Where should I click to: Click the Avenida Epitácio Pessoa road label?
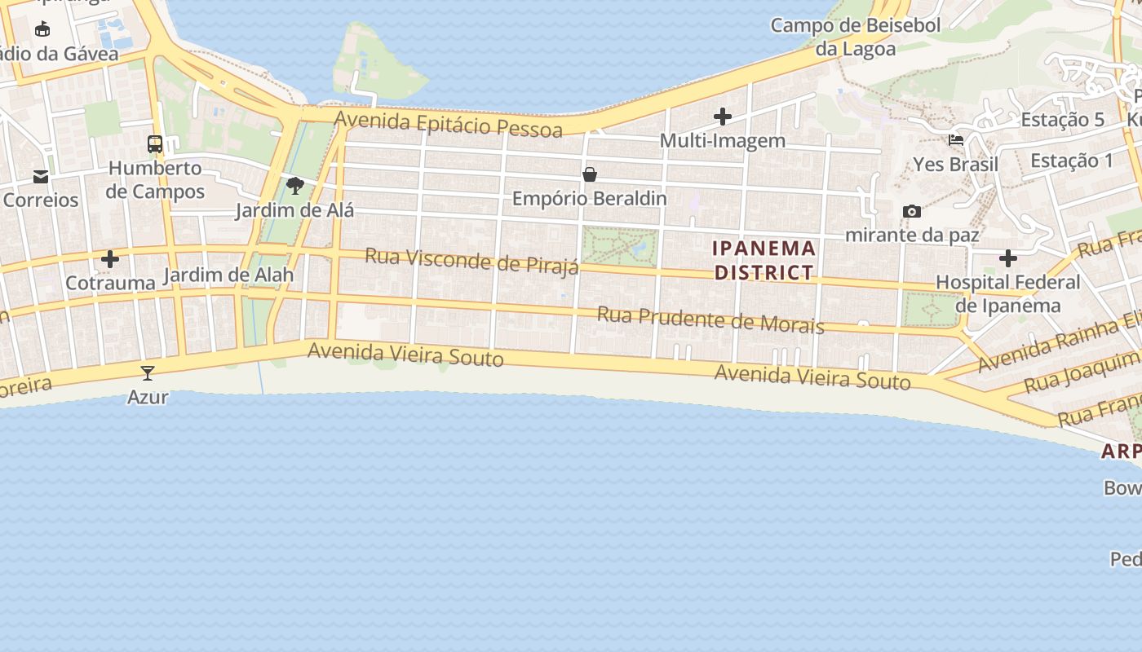click(448, 125)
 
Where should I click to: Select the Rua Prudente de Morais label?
click(710, 319)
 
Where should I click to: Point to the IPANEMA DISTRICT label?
click(764, 260)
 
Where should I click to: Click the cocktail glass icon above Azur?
click(148, 373)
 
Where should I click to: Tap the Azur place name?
click(148, 397)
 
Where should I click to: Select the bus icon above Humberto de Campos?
click(155, 145)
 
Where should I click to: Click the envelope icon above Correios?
click(41, 177)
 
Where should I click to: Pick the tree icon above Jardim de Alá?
click(295, 186)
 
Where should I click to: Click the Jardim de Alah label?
click(228, 275)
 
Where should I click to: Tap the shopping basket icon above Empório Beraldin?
click(590, 174)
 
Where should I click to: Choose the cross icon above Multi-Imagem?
click(723, 117)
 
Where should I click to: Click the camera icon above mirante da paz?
click(912, 212)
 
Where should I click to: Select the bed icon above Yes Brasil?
click(956, 140)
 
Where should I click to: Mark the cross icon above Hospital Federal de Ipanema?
click(1008, 259)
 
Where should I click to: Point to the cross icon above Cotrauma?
click(110, 260)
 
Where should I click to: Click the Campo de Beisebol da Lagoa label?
click(856, 37)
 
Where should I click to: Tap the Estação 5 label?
click(1062, 120)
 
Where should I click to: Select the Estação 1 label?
click(1071, 161)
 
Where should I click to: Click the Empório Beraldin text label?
click(589, 198)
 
